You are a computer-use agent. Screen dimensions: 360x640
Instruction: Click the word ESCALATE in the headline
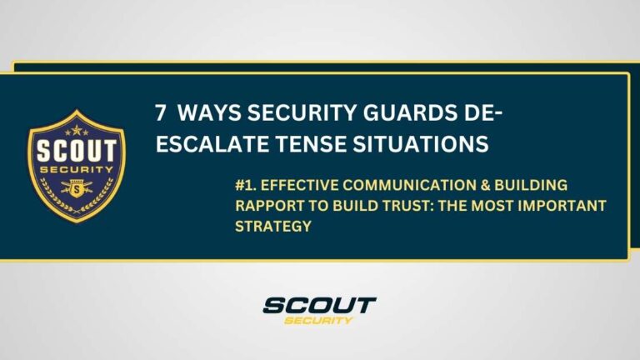(x=207, y=144)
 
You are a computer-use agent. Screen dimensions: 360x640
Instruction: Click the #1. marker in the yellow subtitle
(x=243, y=184)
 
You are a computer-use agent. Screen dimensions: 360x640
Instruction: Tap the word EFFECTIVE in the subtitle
(x=295, y=184)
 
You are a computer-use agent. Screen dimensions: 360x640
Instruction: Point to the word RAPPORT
(x=266, y=205)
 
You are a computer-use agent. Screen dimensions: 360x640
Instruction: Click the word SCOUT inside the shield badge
(x=76, y=155)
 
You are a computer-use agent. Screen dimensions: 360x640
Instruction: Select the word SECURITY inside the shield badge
(x=76, y=172)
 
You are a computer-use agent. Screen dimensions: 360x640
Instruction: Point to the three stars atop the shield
(x=76, y=131)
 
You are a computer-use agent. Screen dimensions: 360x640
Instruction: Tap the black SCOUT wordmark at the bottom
(x=319, y=305)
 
